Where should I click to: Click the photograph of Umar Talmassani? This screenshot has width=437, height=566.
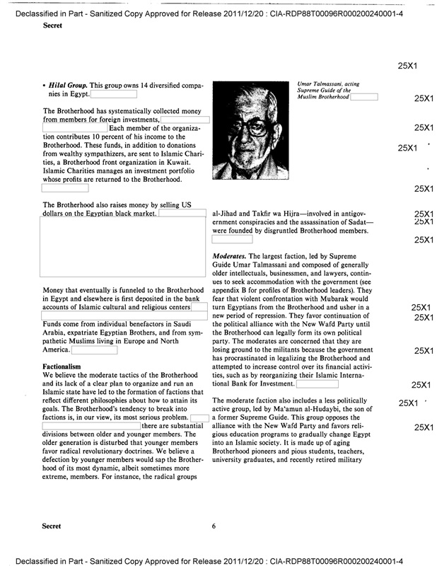251,131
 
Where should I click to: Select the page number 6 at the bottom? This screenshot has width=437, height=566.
214,526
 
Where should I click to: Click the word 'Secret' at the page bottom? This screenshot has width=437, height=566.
52,526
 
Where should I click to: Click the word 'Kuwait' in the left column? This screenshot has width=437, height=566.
184,161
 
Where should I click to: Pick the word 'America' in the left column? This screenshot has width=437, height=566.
56,350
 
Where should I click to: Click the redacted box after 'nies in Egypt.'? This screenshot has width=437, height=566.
113,93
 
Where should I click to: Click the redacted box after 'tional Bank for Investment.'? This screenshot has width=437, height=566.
322,383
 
